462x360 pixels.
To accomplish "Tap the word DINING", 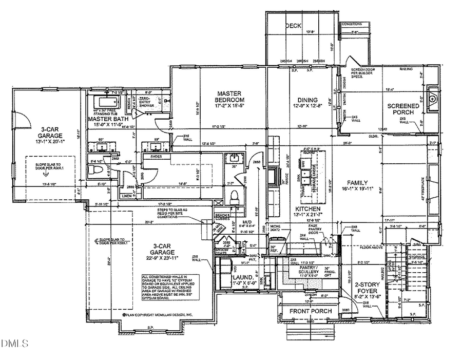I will (x=307, y=100).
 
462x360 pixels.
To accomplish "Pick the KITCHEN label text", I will (x=308, y=210).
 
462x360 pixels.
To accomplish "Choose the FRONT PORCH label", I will (x=310, y=311).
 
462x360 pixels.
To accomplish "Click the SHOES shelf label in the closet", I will (x=157, y=156).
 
